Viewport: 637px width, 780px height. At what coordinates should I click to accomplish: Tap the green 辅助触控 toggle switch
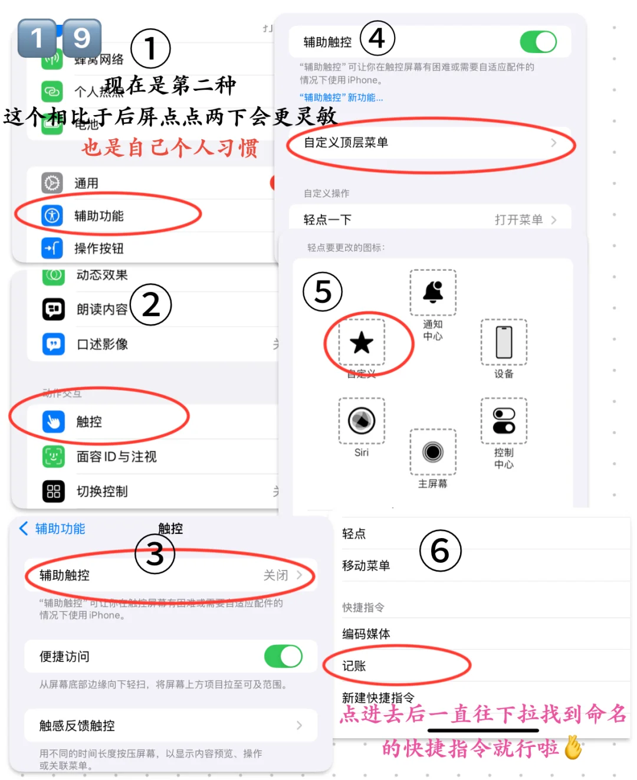[538, 42]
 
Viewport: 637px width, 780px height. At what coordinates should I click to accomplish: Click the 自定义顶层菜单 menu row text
[346, 142]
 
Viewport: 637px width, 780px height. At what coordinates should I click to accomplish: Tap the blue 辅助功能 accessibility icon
[52, 215]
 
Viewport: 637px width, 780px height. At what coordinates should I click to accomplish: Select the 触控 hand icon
[54, 421]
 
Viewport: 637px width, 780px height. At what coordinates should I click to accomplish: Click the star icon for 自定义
[361, 343]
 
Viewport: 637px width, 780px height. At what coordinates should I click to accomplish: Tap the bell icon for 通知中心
[433, 292]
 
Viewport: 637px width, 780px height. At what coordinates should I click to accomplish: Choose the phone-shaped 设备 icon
[504, 342]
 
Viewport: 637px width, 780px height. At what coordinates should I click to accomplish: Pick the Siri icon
[362, 421]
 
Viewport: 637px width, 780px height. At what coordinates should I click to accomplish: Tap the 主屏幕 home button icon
[433, 452]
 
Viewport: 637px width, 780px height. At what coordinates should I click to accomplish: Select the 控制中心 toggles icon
[504, 421]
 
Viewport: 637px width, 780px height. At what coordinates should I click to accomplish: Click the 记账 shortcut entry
[354, 666]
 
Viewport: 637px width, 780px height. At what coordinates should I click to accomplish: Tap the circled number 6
[440, 551]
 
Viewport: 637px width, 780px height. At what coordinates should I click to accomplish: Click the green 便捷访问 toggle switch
[283, 656]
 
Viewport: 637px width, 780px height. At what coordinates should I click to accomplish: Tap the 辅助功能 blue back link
[52, 529]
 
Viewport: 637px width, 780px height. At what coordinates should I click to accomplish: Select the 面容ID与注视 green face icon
[54, 456]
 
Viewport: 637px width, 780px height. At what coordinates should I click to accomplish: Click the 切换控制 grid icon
[54, 491]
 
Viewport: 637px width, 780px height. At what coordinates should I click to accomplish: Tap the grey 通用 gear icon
[52, 183]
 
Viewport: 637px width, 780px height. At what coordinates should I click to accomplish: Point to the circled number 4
[377, 39]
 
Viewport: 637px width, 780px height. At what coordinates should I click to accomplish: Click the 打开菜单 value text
[518, 220]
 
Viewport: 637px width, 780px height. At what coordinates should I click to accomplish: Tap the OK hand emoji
[573, 748]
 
